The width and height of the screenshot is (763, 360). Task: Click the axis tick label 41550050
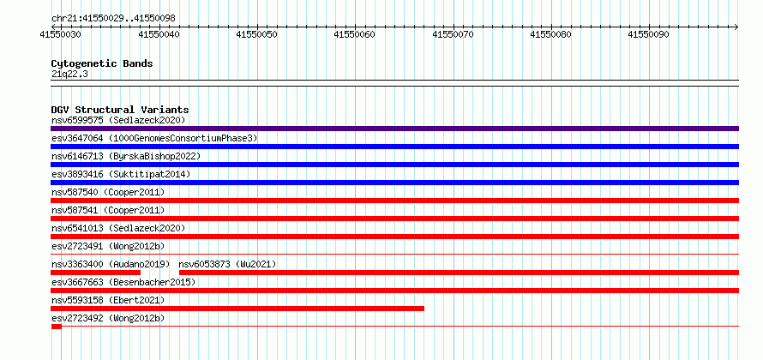pos(257,34)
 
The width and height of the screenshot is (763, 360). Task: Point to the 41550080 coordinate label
pos(551,34)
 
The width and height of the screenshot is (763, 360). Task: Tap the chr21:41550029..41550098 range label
pos(113,19)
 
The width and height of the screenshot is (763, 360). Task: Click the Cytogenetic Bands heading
pos(102,63)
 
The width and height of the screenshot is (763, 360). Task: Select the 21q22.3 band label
pos(69,74)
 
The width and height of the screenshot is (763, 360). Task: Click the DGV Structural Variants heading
pos(120,110)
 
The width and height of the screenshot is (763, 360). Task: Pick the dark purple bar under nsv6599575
pos(394,129)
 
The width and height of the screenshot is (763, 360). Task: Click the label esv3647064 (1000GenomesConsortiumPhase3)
pos(154,138)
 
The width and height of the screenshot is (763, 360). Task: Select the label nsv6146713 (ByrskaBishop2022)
pos(126,156)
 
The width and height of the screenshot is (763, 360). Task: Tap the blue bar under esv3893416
pos(394,183)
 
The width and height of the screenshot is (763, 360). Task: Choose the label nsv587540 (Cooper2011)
pos(108,192)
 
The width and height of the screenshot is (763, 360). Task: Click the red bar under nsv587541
pos(394,219)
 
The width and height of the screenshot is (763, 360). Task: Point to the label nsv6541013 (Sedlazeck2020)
pos(118,228)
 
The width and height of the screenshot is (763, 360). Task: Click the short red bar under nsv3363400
pos(95,273)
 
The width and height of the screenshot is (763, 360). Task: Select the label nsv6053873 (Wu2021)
pos(228,264)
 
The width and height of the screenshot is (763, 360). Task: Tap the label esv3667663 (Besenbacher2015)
pos(123,282)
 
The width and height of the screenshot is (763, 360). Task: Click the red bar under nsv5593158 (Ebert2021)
pos(237,309)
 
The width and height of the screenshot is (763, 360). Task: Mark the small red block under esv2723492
pos(56,327)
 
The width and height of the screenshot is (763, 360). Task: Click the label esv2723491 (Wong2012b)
pos(108,246)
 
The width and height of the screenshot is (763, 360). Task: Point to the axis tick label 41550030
pos(61,34)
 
